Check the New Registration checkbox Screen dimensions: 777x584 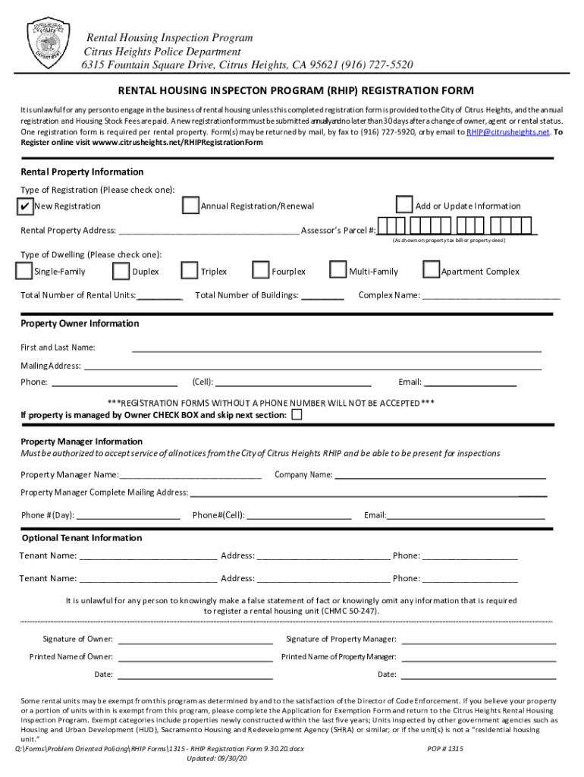[24, 206]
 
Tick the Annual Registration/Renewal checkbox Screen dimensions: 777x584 [190, 206]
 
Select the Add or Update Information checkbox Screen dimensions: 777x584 [404, 206]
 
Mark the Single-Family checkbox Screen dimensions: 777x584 [24, 271]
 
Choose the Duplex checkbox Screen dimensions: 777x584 [121, 271]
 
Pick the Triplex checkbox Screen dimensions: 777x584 [190, 271]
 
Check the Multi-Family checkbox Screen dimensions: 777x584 [338, 271]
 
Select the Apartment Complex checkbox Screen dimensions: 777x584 [431, 271]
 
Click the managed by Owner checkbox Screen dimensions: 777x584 [297, 415]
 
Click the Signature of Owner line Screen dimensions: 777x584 [195, 640]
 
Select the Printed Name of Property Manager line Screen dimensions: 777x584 [479, 657]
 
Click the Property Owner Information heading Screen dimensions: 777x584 [80, 324]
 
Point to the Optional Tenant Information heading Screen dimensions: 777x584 [81, 538]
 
